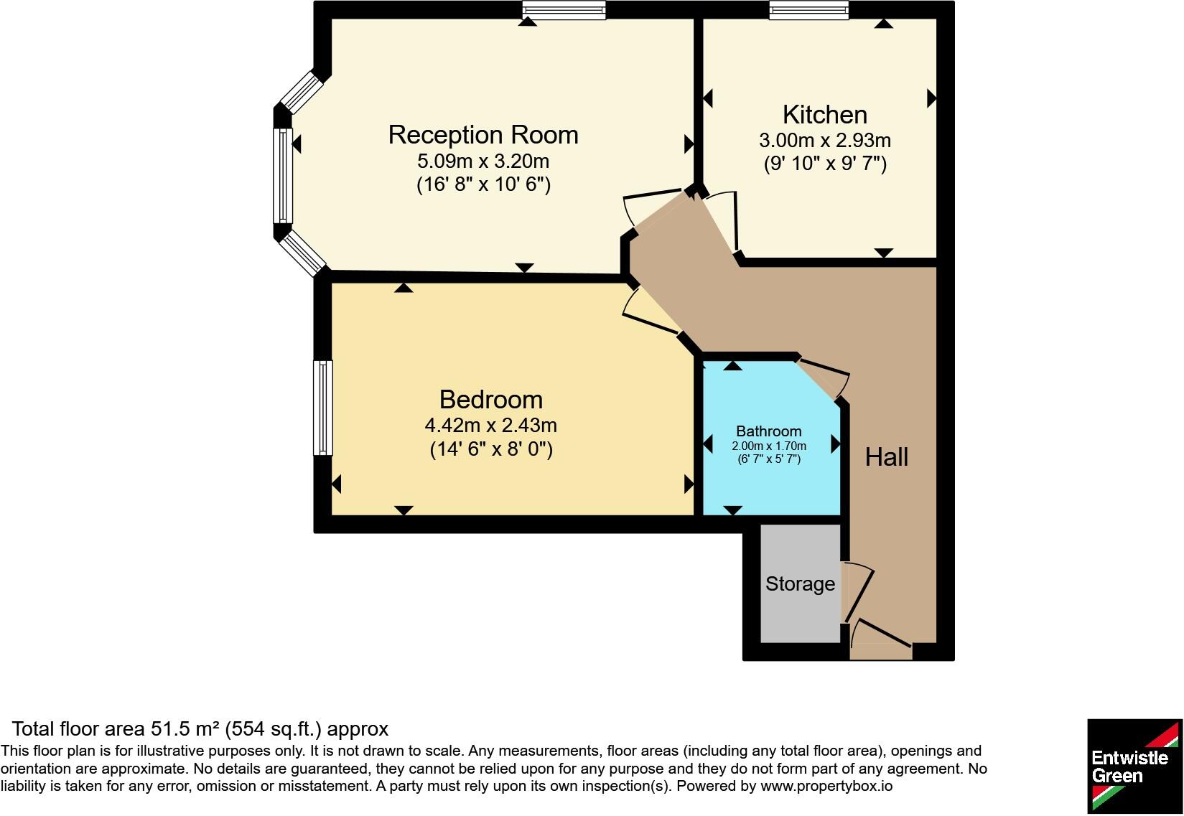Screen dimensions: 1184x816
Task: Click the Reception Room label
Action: [483, 135]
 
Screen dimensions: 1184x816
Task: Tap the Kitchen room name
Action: [824, 115]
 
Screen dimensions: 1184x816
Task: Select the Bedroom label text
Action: [491, 400]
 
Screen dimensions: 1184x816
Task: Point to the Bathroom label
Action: [768, 431]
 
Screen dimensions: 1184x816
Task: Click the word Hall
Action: [887, 456]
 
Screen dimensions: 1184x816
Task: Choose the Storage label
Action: [801, 584]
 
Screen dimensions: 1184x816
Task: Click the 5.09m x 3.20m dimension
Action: [483, 161]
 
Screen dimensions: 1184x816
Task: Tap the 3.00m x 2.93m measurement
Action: [824, 141]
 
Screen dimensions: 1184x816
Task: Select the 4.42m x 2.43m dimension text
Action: [491, 426]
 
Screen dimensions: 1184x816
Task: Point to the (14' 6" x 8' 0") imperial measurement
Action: [491, 449]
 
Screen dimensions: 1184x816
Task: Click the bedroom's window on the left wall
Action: [323, 408]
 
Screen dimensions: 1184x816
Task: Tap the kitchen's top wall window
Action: [808, 10]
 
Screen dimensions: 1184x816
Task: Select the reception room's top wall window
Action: [564, 10]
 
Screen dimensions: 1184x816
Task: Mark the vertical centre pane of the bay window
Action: [283, 176]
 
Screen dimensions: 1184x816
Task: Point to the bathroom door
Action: [823, 380]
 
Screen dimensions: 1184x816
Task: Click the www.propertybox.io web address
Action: [826, 786]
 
